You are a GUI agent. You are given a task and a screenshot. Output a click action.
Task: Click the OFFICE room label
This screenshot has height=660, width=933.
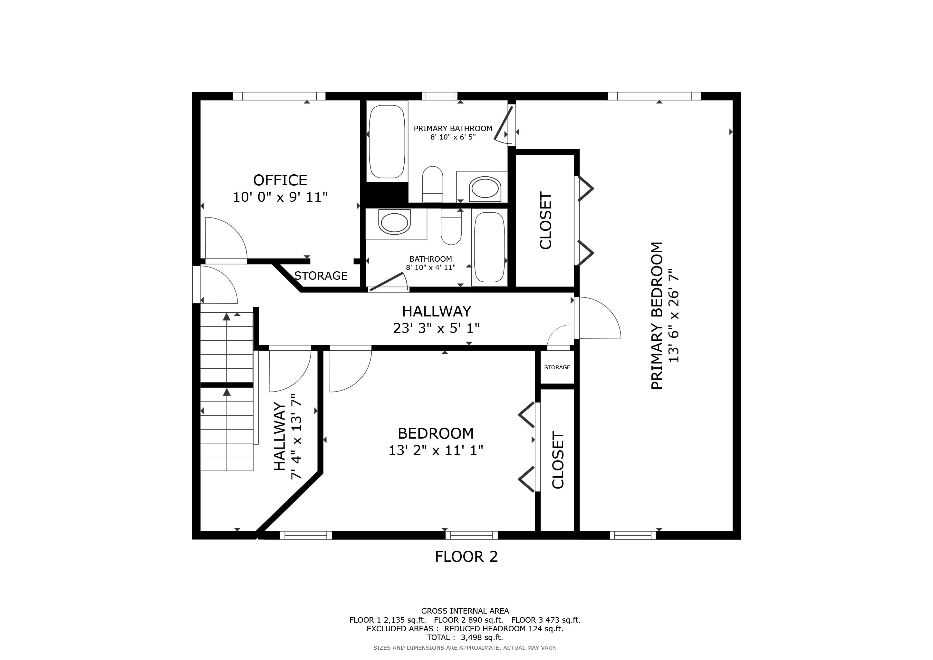click(x=280, y=180)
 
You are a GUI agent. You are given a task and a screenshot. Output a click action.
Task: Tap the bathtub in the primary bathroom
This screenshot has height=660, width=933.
click(x=387, y=141)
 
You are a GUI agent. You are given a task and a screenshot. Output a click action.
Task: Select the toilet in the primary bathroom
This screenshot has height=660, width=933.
click(x=432, y=184)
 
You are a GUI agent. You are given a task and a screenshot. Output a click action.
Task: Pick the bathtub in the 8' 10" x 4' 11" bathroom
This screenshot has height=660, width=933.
click(x=489, y=247)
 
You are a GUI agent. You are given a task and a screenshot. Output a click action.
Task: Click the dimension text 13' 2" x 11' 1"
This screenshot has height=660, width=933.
click(x=436, y=450)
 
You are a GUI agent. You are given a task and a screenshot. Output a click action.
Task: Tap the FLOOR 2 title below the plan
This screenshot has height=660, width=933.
click(x=466, y=556)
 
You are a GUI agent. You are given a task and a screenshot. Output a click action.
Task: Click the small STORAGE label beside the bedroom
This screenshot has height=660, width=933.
click(x=557, y=367)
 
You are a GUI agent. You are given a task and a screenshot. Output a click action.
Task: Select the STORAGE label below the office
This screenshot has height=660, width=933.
click(x=321, y=276)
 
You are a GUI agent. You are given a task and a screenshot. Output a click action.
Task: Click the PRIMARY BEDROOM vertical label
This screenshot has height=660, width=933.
click(x=657, y=315)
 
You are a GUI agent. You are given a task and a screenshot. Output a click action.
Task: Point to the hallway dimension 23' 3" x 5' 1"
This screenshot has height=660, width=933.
click(x=437, y=328)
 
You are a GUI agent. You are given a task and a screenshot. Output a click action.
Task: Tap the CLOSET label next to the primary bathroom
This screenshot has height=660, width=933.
click(x=545, y=220)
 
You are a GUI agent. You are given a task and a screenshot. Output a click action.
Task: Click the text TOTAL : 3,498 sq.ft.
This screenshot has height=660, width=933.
click(x=465, y=637)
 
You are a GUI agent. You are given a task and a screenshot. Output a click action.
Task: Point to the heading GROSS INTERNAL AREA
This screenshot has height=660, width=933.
click(x=465, y=611)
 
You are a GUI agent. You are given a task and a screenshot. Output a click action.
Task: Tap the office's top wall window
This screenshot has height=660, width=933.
click(x=279, y=96)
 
